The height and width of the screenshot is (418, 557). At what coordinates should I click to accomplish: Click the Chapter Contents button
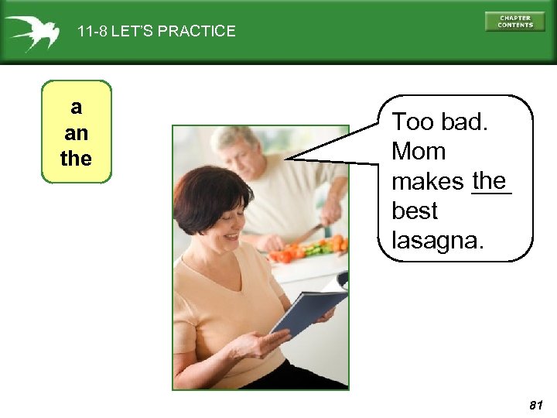(x=515, y=21)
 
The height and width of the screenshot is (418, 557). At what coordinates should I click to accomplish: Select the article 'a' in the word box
(x=76, y=106)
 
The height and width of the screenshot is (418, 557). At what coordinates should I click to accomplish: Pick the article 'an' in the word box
(x=76, y=132)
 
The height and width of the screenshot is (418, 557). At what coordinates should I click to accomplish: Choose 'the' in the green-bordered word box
(x=76, y=159)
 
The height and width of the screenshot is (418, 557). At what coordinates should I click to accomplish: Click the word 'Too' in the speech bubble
(x=410, y=122)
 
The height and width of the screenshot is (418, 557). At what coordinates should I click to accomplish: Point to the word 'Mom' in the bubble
(x=419, y=152)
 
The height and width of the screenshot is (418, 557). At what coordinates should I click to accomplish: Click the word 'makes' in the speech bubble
(x=427, y=183)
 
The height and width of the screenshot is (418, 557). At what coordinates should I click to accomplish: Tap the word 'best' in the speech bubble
(x=415, y=211)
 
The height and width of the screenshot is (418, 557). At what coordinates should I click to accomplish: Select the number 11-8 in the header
(x=92, y=32)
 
